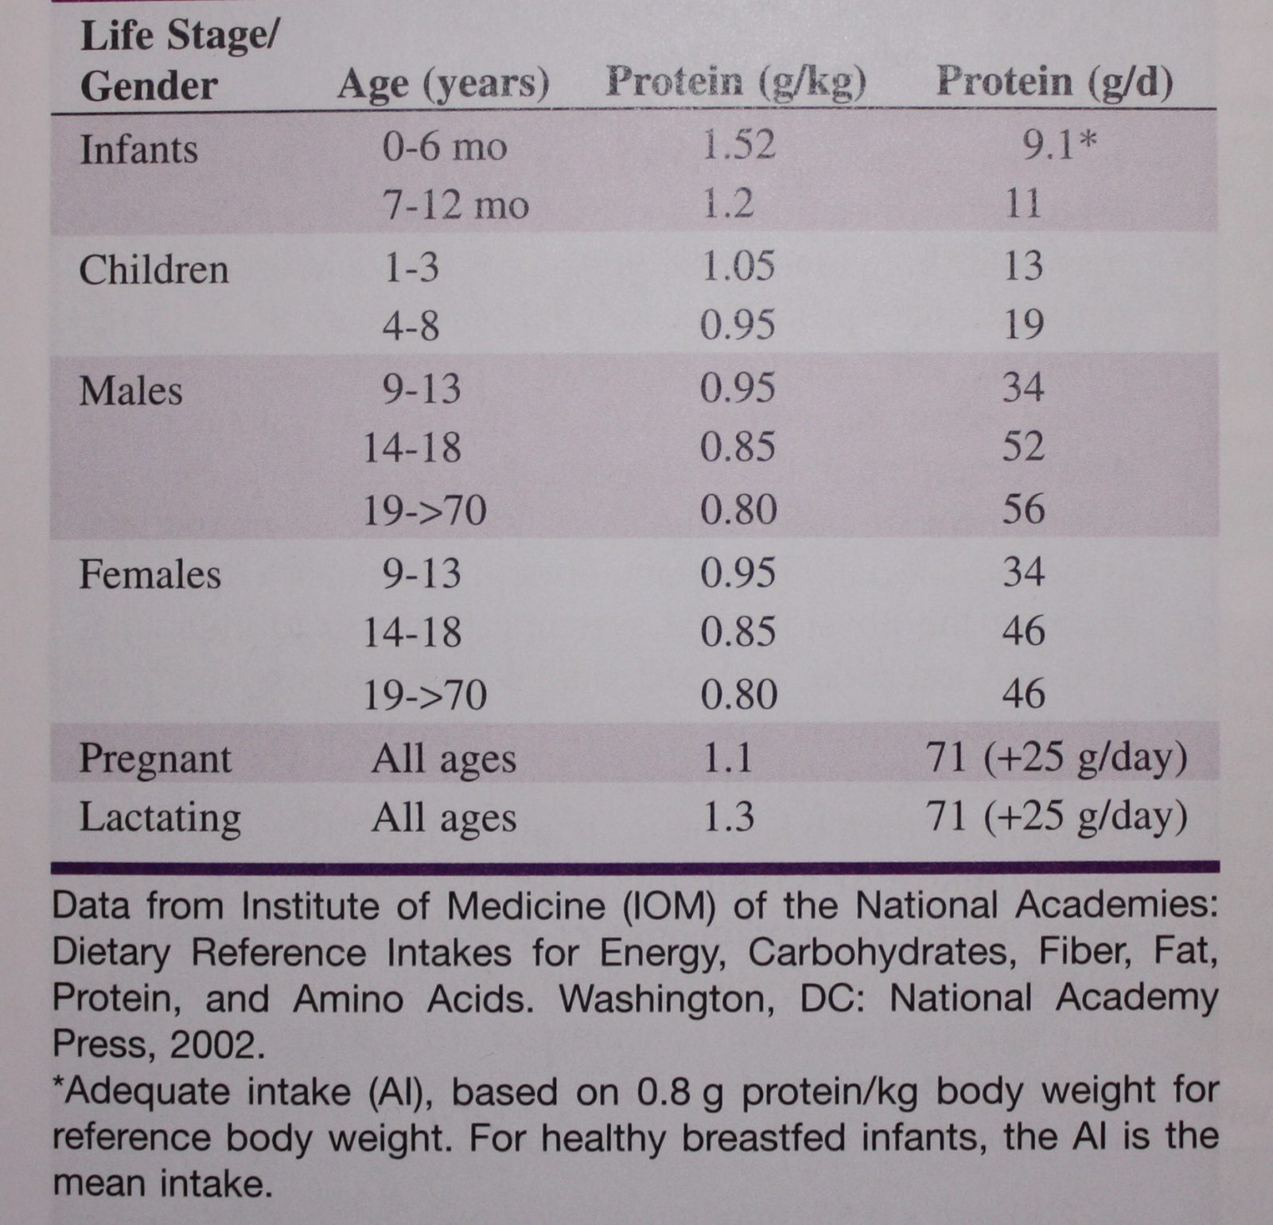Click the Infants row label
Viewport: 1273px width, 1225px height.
pos(138,150)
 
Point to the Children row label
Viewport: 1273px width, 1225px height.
pos(154,270)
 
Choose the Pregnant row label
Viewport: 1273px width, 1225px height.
pos(155,759)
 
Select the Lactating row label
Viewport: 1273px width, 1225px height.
pos(160,818)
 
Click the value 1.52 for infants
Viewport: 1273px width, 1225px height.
pos(738,145)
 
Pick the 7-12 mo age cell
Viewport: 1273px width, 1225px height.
pos(456,205)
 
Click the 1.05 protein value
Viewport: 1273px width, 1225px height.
pos(738,266)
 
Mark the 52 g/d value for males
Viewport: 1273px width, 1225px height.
pos(1023,447)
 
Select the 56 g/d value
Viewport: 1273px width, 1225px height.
pos(1023,509)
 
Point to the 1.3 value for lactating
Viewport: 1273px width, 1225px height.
pos(727,818)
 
